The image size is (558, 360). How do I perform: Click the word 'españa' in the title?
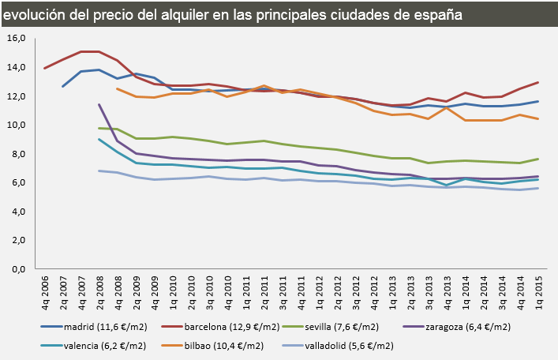tap(433, 15)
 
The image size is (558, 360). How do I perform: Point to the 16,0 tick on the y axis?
tap(16, 39)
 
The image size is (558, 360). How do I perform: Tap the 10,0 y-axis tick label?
tap(16, 126)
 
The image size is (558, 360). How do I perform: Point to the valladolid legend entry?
tap(354, 345)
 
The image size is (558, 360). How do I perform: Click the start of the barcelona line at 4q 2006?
tap(44, 69)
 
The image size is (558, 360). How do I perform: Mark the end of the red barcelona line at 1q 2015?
tap(538, 82)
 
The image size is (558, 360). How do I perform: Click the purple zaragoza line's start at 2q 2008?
tap(99, 104)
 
